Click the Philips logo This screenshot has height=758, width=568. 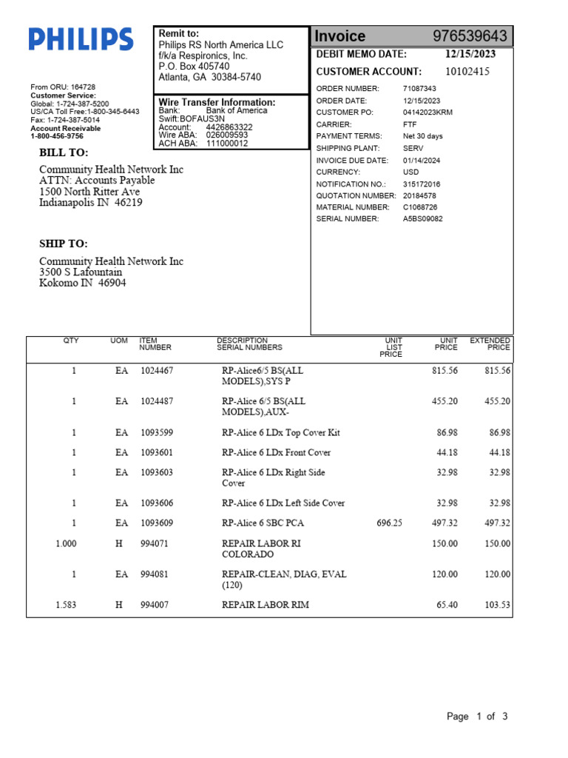pos(81,39)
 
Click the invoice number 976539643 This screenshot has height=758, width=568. pos(470,36)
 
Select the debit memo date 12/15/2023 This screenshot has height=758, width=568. pos(470,54)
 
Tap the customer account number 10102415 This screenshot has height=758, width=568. pos(467,72)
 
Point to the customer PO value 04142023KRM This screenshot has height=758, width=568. pos(427,113)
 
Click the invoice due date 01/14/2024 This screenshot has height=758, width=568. pos(422,160)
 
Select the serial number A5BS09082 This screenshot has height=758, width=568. pos(423,219)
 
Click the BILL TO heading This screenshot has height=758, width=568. pos(64,153)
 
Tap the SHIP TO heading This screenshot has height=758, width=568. pos(64,244)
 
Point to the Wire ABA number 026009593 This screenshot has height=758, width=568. pos(227,135)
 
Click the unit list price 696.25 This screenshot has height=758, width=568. pos(389,523)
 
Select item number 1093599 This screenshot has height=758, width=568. pos(157,432)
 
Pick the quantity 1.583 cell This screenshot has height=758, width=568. pos(66,605)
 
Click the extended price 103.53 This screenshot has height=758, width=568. pos(497,605)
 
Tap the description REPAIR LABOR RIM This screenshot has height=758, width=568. pos(266,605)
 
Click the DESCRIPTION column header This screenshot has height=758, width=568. pos(242,341)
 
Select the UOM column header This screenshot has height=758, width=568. pos(119,341)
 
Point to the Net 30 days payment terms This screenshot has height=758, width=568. pos(423,136)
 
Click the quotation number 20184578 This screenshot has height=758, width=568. pos(420,195)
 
